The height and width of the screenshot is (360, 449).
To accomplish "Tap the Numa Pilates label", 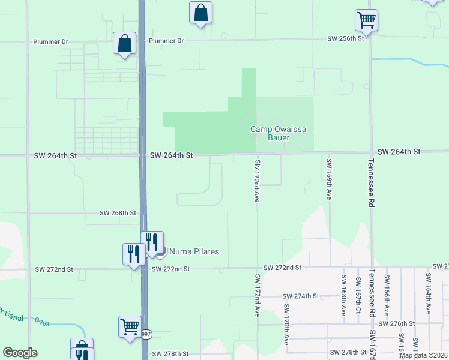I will pos(194,251).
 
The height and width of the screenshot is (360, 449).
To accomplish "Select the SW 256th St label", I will pos(346,38).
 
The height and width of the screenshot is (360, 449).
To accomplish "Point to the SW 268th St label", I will pos(118,213).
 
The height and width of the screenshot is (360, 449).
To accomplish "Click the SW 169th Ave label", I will pos(330,179).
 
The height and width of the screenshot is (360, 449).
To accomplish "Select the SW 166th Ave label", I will pos(387,295).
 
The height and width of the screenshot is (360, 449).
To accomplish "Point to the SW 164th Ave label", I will pos(428,293).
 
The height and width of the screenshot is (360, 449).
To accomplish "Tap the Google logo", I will pos(20,353).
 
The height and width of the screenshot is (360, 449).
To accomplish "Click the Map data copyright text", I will pos(423,355).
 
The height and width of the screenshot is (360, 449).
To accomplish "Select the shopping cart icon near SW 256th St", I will pos(366,20).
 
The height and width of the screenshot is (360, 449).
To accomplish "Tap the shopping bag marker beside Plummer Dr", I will pos(124,44).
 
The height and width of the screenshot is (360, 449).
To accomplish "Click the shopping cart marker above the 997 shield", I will pos(130,328).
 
